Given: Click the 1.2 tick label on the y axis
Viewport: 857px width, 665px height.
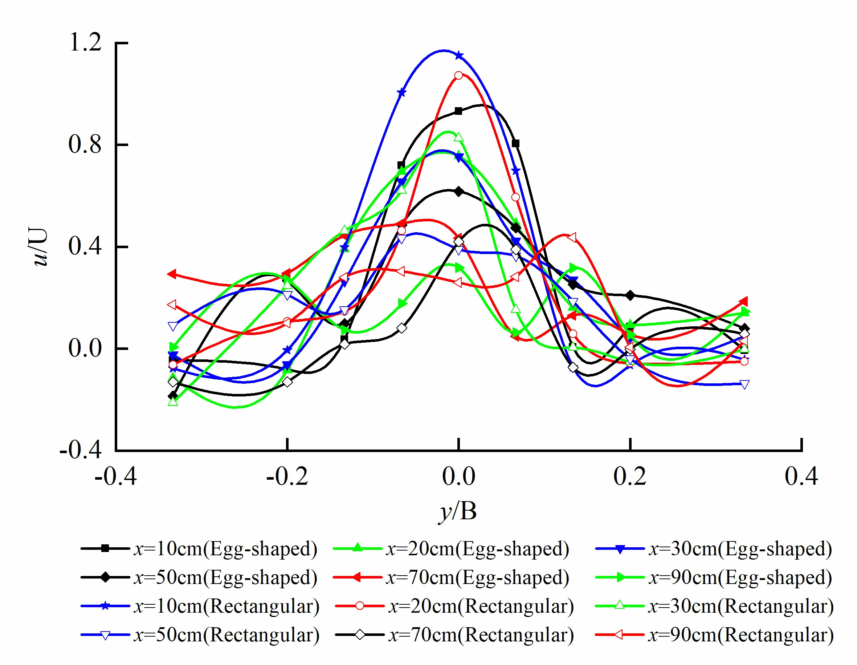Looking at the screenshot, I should click(85, 42).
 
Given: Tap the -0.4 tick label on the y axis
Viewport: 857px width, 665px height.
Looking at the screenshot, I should click(81, 450).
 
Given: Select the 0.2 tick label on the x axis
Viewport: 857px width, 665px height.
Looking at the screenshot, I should click(629, 476).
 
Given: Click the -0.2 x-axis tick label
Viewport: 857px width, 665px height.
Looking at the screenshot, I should click(287, 476).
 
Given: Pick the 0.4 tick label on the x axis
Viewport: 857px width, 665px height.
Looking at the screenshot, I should click(801, 476).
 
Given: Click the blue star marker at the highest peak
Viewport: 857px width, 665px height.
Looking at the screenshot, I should click(458, 56).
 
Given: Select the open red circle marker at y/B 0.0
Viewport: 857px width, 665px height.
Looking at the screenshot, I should click(458, 76).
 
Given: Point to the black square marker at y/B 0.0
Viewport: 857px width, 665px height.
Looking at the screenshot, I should click(458, 111).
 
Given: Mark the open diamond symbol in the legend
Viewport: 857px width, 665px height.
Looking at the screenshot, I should click(360, 635).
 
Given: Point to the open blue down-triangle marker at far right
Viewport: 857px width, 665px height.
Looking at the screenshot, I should click(744, 384).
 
